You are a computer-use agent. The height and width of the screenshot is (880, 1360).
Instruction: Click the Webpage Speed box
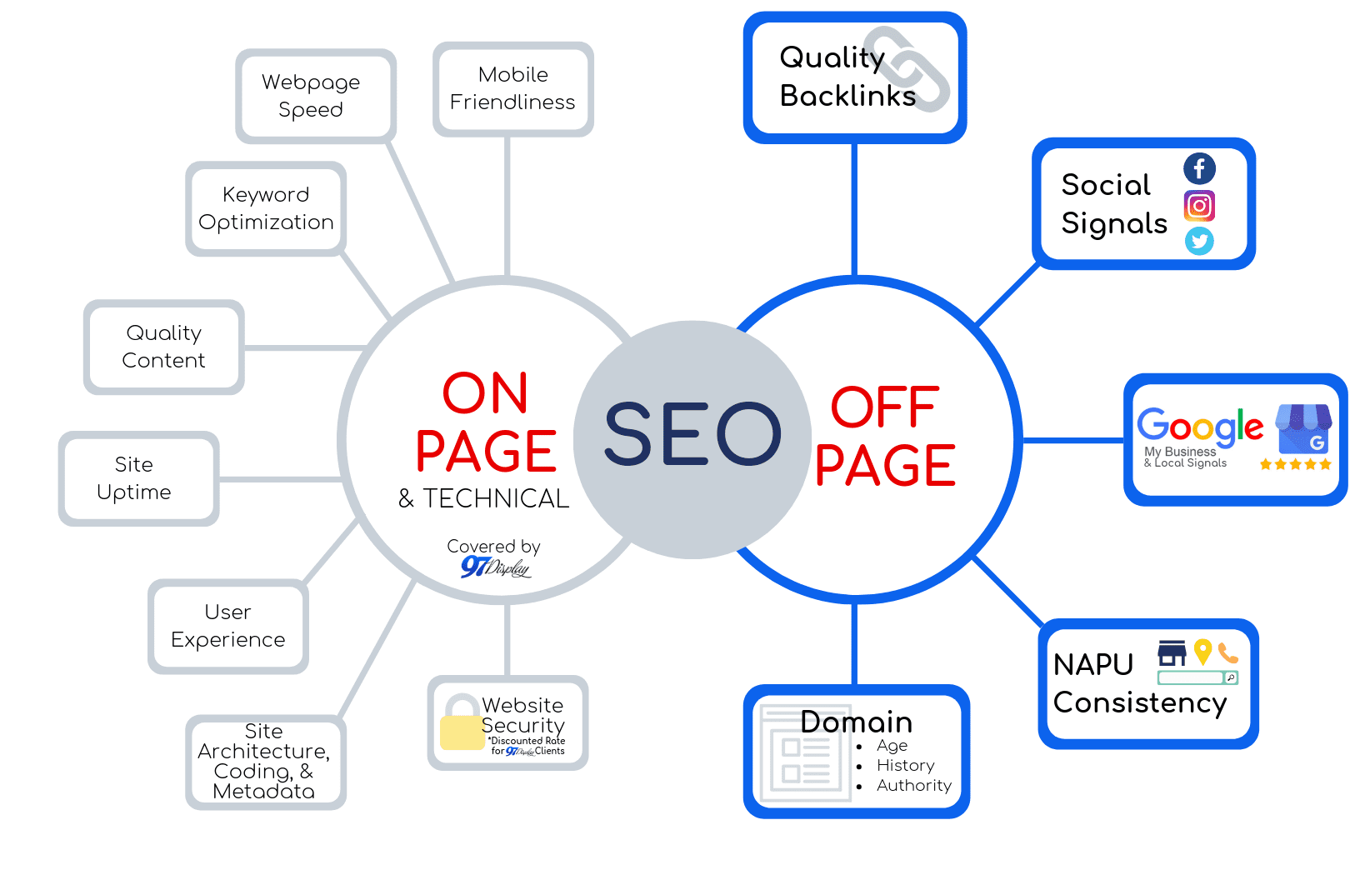click(315, 96)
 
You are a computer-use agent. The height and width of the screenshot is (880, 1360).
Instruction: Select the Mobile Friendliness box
click(512, 88)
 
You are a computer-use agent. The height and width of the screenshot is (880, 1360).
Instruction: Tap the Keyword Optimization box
click(266, 208)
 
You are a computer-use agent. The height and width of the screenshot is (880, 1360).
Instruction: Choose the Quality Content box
click(163, 347)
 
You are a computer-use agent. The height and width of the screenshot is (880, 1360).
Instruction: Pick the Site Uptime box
click(138, 478)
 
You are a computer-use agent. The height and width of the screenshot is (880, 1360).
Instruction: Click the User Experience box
click(227, 626)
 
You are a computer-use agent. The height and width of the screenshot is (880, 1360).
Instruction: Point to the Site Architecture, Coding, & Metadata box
click(265, 762)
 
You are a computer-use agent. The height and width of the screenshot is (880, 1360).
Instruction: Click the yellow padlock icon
click(461, 722)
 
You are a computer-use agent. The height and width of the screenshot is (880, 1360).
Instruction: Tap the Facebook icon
click(1199, 169)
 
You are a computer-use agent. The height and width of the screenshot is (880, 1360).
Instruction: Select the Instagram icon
click(1199, 205)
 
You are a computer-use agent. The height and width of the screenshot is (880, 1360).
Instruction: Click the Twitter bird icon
click(1199, 242)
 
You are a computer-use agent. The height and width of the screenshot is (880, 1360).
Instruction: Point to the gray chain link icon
click(907, 69)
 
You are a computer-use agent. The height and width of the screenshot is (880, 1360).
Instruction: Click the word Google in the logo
click(1199, 426)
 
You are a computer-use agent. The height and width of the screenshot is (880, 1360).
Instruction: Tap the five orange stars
click(1295, 464)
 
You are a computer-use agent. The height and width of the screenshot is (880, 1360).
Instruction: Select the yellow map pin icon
click(1202, 651)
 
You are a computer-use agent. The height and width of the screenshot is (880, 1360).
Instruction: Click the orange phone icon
click(1228, 652)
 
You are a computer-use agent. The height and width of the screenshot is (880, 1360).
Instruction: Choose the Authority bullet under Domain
click(913, 785)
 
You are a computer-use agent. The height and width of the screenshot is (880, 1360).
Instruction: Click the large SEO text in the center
click(692, 434)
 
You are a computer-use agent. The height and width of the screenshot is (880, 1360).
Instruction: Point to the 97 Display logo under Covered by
click(495, 567)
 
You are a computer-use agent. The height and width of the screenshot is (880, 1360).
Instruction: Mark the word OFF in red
click(884, 407)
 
